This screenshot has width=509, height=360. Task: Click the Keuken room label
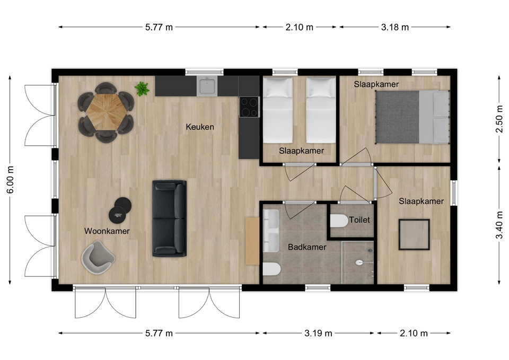click(x=200, y=127)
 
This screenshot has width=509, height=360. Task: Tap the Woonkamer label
click(x=107, y=231)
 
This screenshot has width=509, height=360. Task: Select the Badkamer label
click(x=307, y=247)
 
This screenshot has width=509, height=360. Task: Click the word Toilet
click(x=359, y=220)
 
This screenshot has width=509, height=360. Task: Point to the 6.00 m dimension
click(x=11, y=180)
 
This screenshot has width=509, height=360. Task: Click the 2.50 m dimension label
click(x=499, y=118)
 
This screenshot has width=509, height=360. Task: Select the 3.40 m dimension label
click(x=499, y=225)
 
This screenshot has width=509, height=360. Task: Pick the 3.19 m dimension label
click(x=318, y=333)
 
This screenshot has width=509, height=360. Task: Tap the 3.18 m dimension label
click(x=394, y=27)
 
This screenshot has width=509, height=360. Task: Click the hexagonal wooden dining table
click(x=106, y=112)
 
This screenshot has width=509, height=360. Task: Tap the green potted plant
click(x=142, y=89)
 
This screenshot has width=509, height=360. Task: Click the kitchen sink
click(x=207, y=86)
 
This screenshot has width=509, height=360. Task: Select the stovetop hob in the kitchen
click(x=249, y=107)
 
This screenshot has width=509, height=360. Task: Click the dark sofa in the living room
click(x=170, y=218)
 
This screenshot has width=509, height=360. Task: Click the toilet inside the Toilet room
click(x=339, y=221)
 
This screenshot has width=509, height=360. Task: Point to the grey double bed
click(x=413, y=117)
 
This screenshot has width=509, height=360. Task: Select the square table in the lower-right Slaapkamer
click(x=414, y=234)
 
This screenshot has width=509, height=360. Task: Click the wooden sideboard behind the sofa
click(x=252, y=241)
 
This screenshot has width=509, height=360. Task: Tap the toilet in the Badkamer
click(x=271, y=269)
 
